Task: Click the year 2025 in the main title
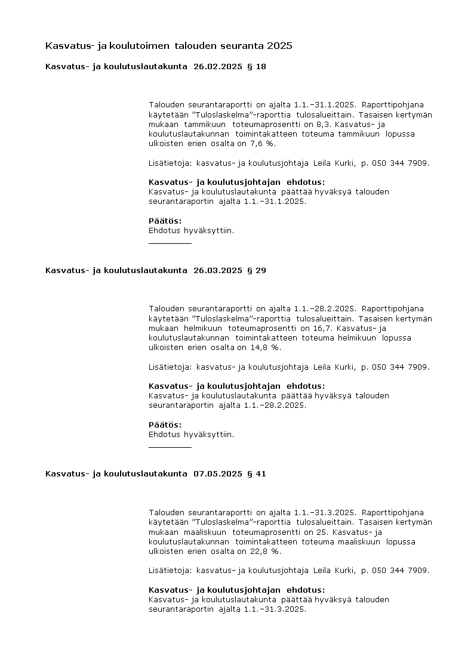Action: point(280,45)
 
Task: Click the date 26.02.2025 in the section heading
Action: point(218,67)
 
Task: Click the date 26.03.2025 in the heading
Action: point(218,271)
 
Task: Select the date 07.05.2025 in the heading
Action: point(218,475)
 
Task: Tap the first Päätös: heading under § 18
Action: point(165,221)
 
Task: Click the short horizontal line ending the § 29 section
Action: point(170,447)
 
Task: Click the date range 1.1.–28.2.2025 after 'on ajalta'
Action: point(325,309)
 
